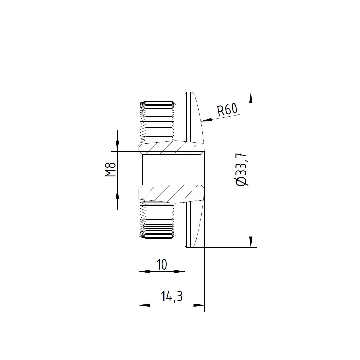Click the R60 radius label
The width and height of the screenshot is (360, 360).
[x=227, y=110]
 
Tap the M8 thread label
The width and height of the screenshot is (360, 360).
[x=110, y=170]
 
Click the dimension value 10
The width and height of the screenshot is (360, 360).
[x=161, y=264]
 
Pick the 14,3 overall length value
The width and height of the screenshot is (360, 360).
[x=171, y=296]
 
